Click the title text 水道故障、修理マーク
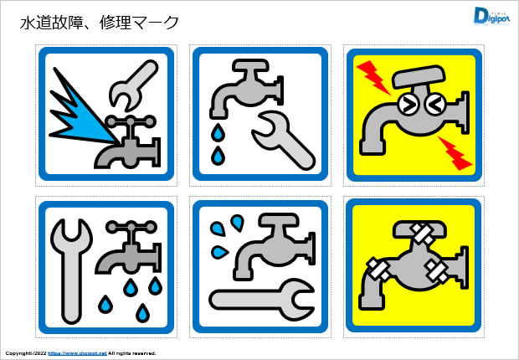coord(99,23)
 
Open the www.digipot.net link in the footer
coord(75,354)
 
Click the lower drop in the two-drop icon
coord(218,155)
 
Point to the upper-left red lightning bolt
coord(373,75)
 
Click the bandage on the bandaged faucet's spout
coord(376,270)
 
